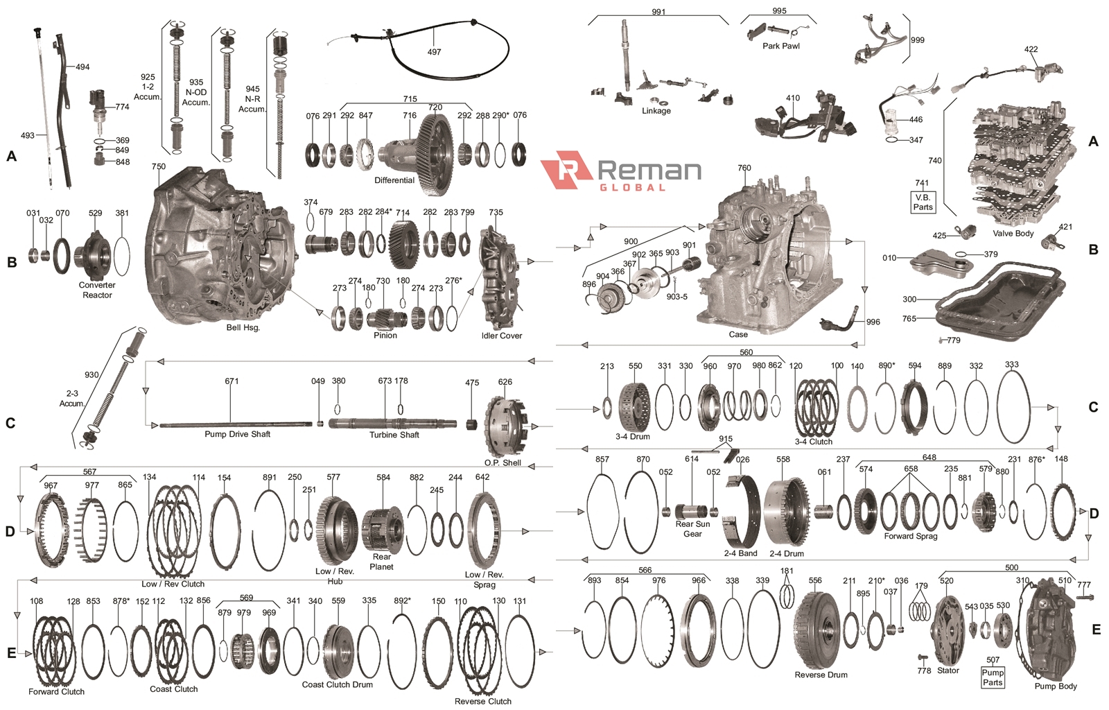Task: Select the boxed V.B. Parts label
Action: click(x=923, y=202)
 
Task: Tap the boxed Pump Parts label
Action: click(x=992, y=677)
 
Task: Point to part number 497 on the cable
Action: click(x=434, y=52)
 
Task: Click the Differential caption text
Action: click(x=394, y=180)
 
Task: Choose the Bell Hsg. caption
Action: click(x=243, y=327)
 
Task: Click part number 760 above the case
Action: click(x=744, y=168)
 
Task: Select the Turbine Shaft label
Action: click(x=394, y=435)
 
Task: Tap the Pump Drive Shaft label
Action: click(x=237, y=434)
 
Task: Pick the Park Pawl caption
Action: click(x=780, y=46)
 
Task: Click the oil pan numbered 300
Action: click(x=998, y=302)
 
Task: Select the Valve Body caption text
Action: click(x=1013, y=233)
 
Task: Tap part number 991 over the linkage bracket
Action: click(x=658, y=12)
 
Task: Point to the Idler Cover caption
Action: click(x=501, y=336)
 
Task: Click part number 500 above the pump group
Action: click(x=1011, y=567)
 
